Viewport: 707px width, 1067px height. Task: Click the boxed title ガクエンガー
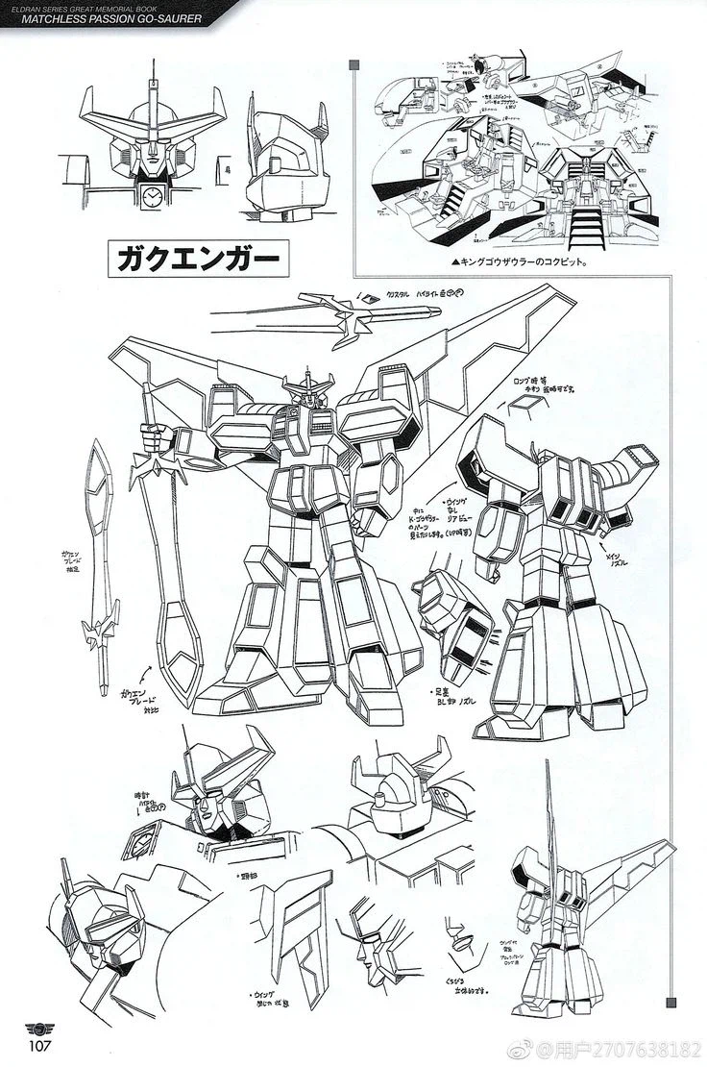(x=192, y=258)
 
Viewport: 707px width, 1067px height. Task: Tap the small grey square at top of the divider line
(x=355, y=65)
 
